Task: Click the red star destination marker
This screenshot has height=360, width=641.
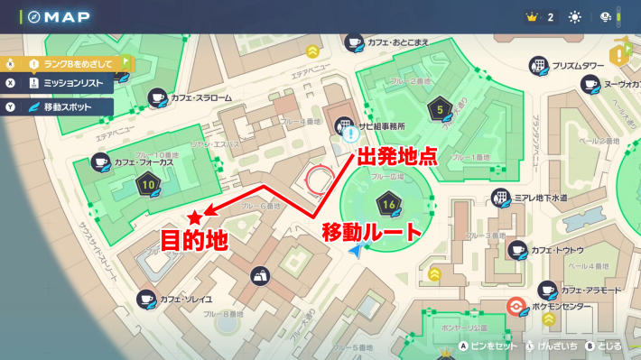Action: tap(195, 217)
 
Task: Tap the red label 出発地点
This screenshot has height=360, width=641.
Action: tap(398, 154)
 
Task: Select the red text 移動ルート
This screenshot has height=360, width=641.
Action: tap(372, 231)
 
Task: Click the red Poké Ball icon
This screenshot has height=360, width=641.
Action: tap(515, 305)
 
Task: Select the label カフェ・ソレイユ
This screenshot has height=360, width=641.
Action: tap(186, 298)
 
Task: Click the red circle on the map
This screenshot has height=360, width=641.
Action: tap(318, 178)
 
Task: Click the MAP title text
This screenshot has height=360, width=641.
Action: tap(63, 16)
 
